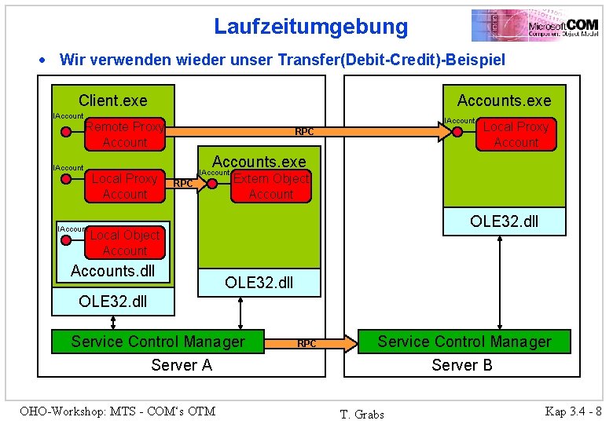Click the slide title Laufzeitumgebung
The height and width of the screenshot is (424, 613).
coord(311,27)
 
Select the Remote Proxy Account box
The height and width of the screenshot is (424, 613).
coord(125,134)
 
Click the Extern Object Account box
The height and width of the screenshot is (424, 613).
coord(271,186)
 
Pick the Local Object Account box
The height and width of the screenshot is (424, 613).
coord(125,243)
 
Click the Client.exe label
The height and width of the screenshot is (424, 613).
coord(112,101)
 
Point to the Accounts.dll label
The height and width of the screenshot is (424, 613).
coord(112,272)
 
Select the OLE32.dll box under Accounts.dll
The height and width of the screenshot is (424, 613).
coord(112,302)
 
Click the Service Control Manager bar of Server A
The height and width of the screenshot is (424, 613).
coord(158,342)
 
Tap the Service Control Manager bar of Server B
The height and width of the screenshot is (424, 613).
coord(464,342)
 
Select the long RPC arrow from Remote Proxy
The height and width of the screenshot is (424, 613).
coord(304,131)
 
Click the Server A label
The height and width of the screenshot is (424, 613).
coord(182,365)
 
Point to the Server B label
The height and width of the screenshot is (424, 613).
coord(462,365)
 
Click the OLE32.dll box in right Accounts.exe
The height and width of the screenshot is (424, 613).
coord(504,221)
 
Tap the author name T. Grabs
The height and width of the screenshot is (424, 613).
coord(362,414)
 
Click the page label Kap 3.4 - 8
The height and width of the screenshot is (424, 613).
coord(573,411)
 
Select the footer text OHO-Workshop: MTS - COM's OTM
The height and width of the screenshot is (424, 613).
coord(117,411)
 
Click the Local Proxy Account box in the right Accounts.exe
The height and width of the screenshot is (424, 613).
coord(516,134)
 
